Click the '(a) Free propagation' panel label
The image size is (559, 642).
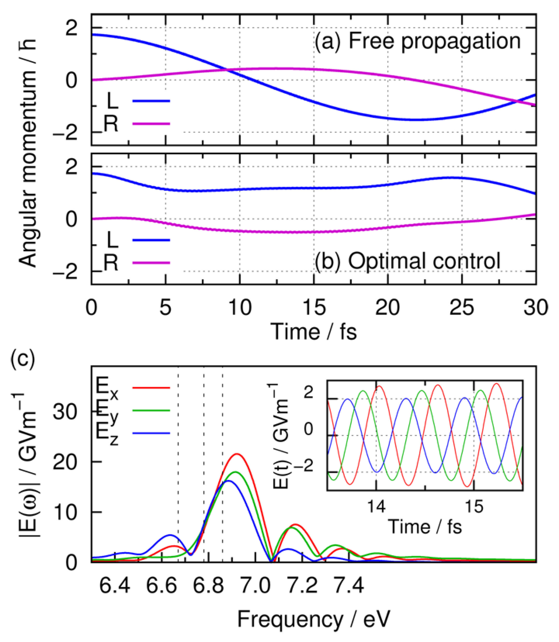point(417,41)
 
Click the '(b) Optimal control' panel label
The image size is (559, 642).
point(408,261)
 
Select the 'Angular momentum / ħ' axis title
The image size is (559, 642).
point(27,153)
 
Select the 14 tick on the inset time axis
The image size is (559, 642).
point(376,506)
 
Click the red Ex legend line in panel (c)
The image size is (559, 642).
point(151,388)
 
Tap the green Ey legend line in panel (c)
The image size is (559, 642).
point(151,410)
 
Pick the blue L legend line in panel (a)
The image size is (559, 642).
point(151,101)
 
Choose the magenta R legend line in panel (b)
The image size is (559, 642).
point(151,262)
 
